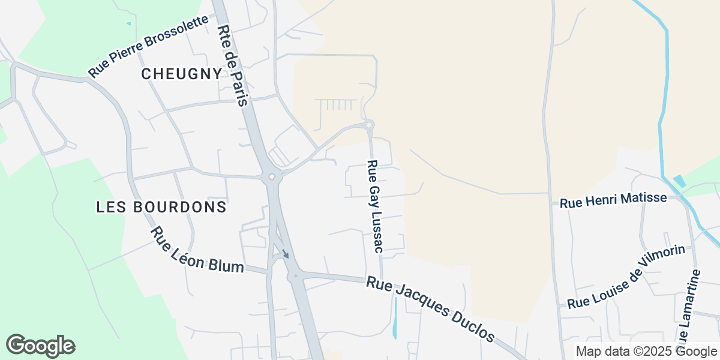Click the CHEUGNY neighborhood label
182,74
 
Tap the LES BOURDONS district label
161,207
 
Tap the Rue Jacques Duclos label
431,309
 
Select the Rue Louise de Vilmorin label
626,277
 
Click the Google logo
41,346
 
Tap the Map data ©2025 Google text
646,352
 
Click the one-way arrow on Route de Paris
286,254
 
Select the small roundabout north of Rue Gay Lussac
370,124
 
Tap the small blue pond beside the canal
679,181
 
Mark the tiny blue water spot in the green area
128,24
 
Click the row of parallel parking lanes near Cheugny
340,105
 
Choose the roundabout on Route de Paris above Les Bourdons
273,176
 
